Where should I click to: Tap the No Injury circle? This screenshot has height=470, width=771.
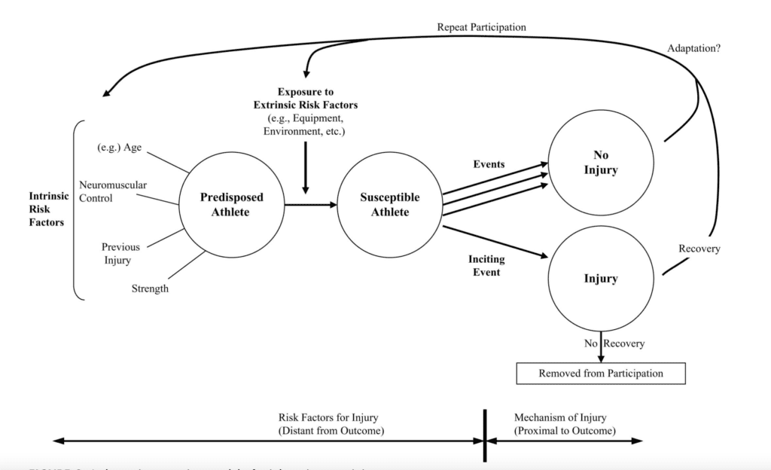point(600,162)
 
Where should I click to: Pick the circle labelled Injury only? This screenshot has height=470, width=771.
point(600,279)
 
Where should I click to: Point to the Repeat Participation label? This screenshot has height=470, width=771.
point(481,27)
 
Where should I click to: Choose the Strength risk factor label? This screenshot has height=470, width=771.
point(150,288)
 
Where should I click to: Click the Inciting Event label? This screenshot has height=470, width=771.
point(486,265)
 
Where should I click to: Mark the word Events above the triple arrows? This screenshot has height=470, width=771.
point(488,163)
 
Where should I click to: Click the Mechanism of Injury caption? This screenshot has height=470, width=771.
point(564,423)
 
